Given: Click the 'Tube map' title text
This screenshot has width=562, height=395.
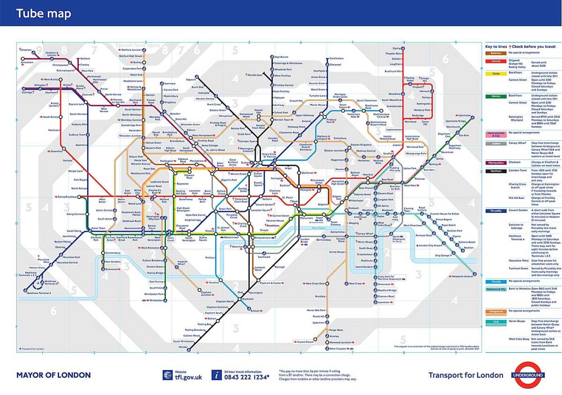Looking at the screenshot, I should point(44,14).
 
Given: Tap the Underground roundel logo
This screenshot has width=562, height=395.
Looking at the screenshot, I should point(528,375).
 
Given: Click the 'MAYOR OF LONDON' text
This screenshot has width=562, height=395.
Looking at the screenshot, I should point(53,375).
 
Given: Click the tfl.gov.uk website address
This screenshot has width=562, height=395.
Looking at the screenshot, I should point(189,377).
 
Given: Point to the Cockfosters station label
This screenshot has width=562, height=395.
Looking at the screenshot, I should point(336,59).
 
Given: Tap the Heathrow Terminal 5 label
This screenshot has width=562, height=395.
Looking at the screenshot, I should point(37,293).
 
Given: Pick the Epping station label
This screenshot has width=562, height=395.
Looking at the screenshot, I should point(397,48).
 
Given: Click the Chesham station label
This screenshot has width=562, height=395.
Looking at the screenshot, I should point(26,50).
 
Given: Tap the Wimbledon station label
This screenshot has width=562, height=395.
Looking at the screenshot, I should point(156,300).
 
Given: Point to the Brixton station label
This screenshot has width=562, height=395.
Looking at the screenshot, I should point(255,311).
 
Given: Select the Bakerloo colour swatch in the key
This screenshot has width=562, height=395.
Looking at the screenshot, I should point(495,53).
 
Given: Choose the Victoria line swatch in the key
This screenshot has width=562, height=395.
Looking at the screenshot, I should point(495,281).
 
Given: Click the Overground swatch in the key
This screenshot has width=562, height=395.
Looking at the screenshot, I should point(495,311).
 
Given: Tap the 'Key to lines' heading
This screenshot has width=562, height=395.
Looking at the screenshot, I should point(496,46).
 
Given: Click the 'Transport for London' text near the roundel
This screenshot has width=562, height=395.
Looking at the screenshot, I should point(466,375).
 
